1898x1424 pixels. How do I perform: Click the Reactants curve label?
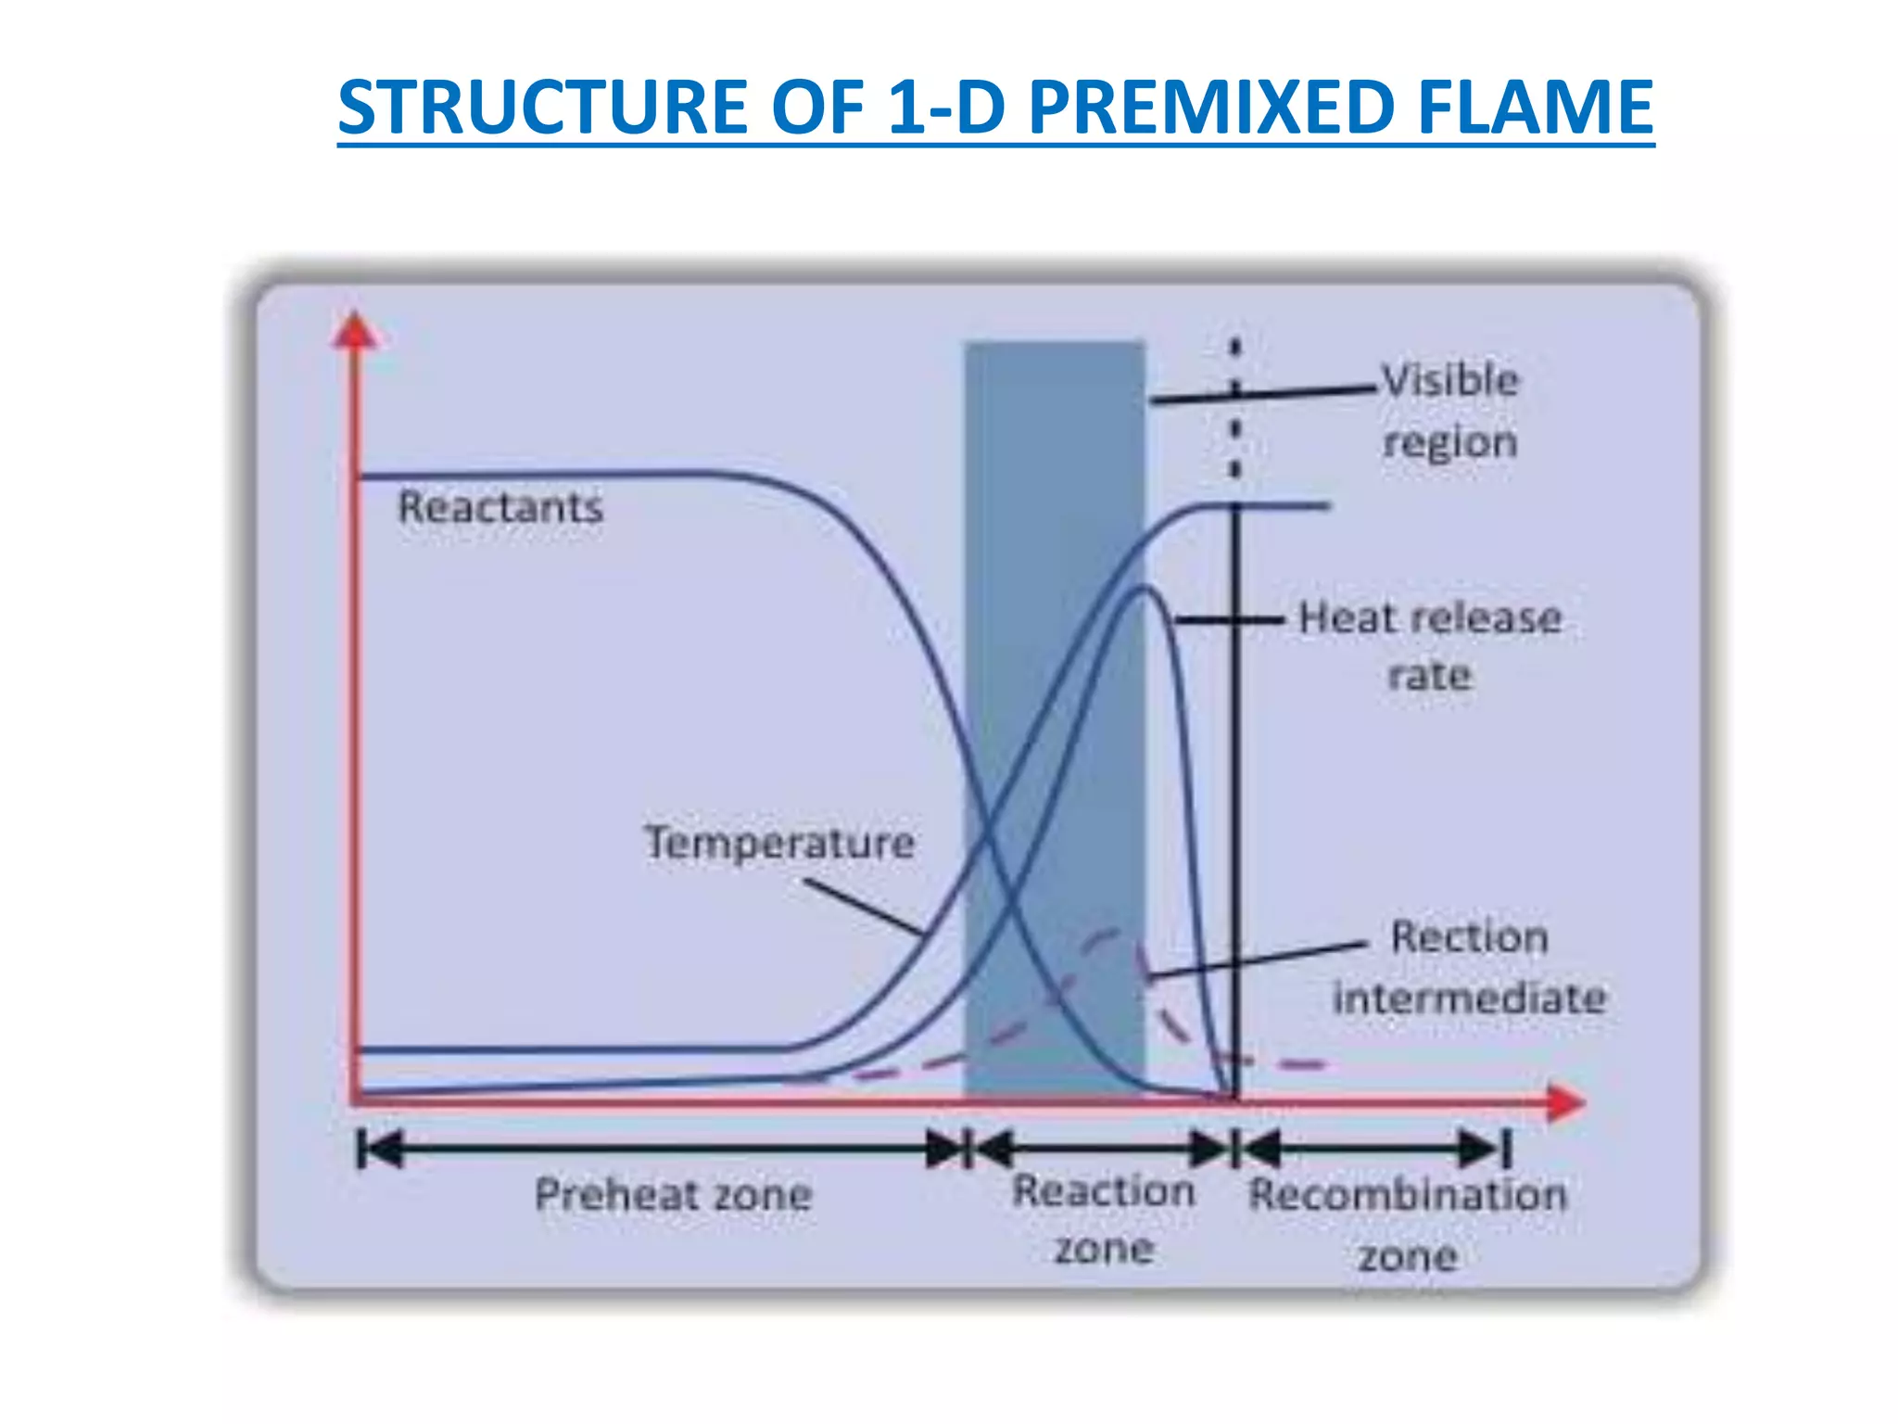[x=500, y=507]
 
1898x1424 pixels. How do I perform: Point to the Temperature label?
[x=779, y=843]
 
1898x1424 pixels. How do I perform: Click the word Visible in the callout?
[x=1450, y=380]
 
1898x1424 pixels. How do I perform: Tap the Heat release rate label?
[x=1430, y=645]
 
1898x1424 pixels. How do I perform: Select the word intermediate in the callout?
[x=1469, y=998]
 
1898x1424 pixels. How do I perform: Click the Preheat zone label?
[x=673, y=1194]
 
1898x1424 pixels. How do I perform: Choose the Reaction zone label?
[x=1104, y=1218]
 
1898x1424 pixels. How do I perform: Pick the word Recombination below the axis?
[x=1407, y=1194]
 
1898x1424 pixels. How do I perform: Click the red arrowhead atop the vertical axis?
[x=354, y=332]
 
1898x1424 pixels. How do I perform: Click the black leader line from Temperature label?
[x=862, y=906]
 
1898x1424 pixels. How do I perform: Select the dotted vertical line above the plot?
[x=1235, y=408]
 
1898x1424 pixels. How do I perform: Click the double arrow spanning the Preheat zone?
[x=663, y=1150]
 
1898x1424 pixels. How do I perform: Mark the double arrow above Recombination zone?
[x=1373, y=1150]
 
